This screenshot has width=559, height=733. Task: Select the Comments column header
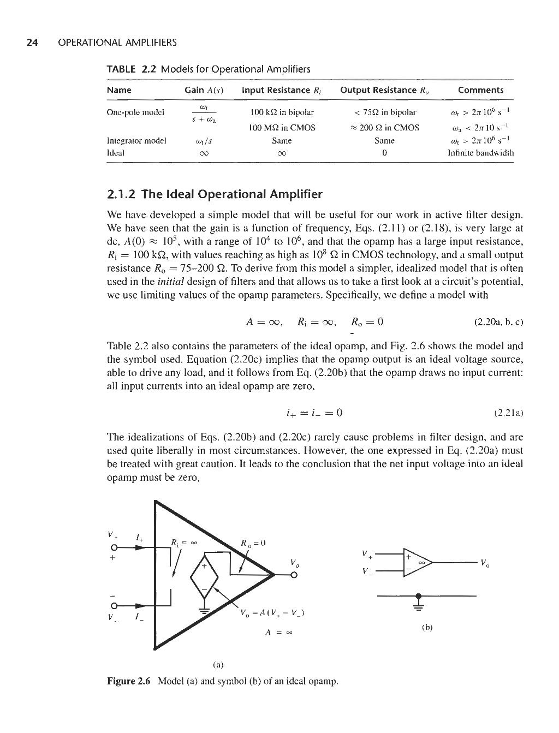480,90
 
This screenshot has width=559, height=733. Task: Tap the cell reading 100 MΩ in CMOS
282,128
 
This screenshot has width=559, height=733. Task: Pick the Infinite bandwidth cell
480,153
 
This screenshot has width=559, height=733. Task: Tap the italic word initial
170,282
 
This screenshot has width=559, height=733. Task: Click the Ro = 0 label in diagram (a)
252,543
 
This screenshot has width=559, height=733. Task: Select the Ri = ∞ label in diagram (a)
184,543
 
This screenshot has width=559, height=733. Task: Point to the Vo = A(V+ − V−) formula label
272,613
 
